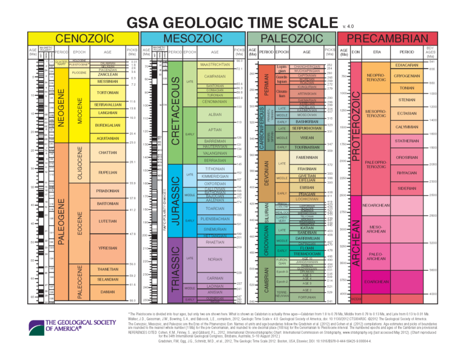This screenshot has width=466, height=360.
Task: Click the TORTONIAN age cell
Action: click(x=108, y=92)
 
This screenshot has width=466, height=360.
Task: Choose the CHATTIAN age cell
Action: click(x=108, y=152)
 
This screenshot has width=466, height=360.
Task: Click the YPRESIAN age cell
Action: click(x=108, y=248)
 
